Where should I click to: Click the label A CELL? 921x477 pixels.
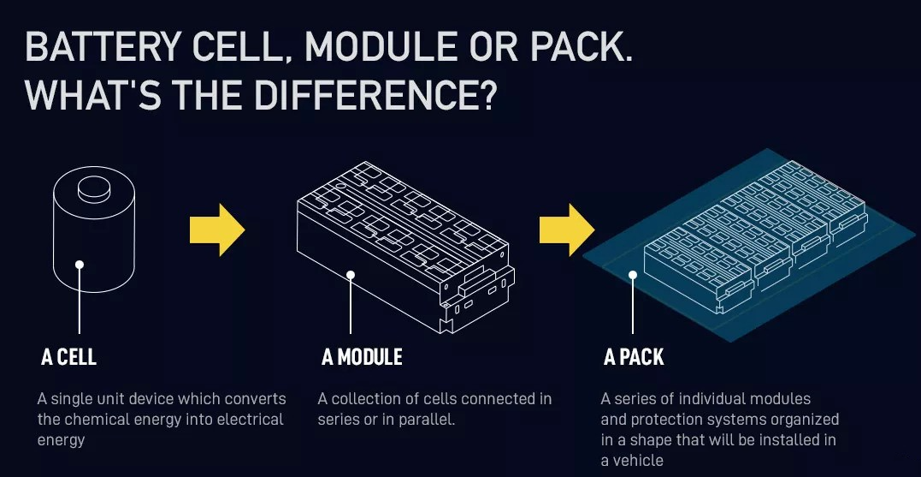point(68,357)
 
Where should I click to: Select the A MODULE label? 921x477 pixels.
point(362,357)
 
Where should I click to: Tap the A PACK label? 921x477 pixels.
point(634,357)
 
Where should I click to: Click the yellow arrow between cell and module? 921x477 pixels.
point(217,230)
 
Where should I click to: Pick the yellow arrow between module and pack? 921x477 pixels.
point(566,230)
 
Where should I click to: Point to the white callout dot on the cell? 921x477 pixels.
point(80,265)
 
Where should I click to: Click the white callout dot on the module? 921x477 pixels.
point(351,275)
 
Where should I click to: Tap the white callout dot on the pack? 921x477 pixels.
point(633,275)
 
